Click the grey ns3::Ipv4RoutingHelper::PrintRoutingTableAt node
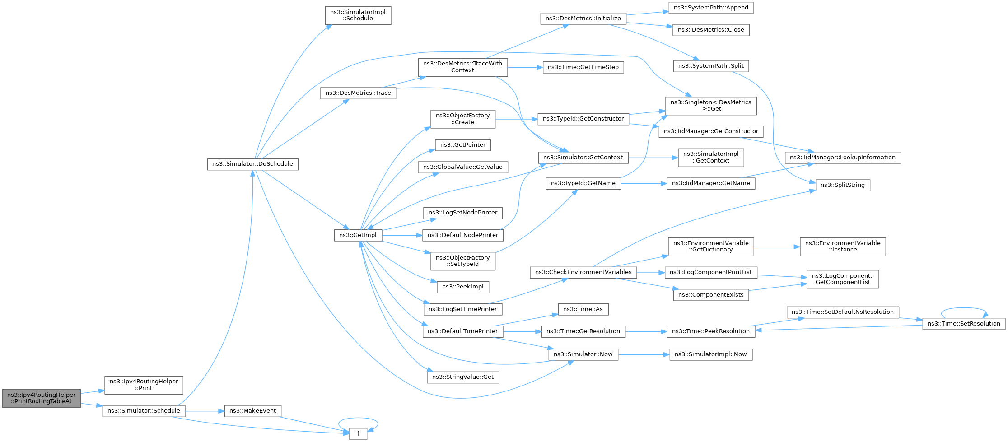click(x=42, y=398)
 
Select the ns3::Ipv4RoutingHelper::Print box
click(x=144, y=385)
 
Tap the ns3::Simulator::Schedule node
click(x=144, y=411)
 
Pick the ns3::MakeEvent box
click(x=253, y=411)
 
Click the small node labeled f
click(x=358, y=434)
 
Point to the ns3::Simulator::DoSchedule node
click(x=253, y=164)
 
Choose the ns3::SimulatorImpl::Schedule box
click(x=358, y=15)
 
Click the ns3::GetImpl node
click(x=358, y=235)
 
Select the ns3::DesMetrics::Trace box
click(x=358, y=93)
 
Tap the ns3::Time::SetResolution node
click(x=964, y=324)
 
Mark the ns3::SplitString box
click(x=843, y=185)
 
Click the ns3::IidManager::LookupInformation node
click(x=843, y=158)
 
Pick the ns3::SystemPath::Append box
click(x=711, y=8)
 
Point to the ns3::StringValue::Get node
click(x=463, y=377)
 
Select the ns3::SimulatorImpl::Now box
click(x=711, y=354)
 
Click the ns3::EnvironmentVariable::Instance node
click(x=843, y=247)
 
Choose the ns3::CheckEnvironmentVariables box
click(x=583, y=272)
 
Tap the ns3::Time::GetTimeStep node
click(x=583, y=67)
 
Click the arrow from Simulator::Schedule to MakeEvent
click(x=205, y=411)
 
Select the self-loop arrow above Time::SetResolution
click(x=964, y=308)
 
